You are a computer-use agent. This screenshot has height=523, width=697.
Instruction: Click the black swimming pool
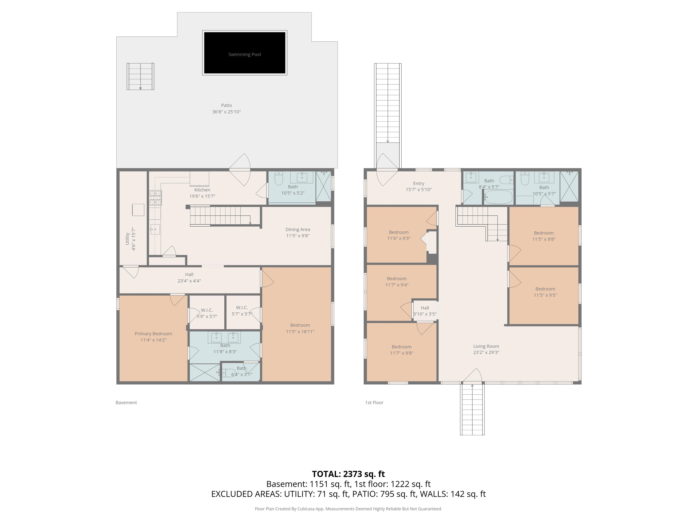245,53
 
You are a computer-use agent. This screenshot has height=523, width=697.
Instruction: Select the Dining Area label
298,229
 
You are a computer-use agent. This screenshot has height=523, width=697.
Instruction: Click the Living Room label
486,346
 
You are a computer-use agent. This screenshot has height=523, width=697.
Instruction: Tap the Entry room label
419,183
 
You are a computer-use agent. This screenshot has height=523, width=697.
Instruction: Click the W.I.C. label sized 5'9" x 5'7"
207,310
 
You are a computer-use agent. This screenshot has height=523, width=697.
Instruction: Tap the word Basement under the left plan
126,402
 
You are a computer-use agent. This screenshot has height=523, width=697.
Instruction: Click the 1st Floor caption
374,402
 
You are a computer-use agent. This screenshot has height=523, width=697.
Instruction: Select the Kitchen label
202,190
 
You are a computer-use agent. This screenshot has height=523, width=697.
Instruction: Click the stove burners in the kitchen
155,198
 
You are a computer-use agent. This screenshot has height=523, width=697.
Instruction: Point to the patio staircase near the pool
140,76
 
